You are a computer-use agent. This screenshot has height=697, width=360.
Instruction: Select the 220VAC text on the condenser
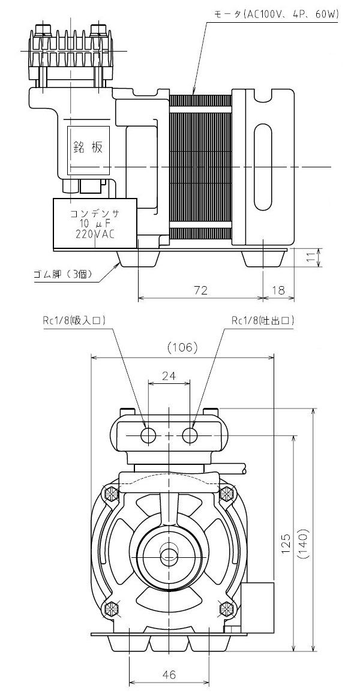click(95, 234)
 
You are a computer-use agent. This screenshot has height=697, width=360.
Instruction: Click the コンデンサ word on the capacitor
click(95, 214)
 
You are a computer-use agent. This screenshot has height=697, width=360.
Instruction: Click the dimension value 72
click(201, 290)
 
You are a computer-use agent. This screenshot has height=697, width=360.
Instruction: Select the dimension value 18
click(278, 290)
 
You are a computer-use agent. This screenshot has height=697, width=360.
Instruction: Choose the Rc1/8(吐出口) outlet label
click(263, 320)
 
